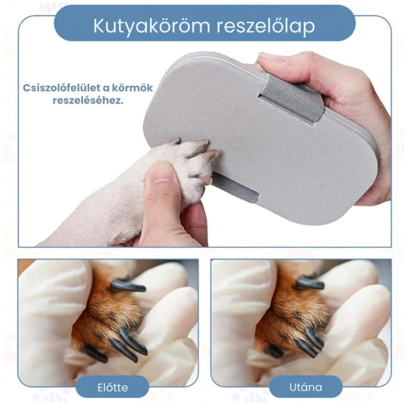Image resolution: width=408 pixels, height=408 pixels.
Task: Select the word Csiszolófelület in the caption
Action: (63, 88)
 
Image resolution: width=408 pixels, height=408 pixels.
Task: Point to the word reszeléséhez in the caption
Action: (88, 100)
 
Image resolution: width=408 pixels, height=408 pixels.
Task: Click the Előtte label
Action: (113, 388)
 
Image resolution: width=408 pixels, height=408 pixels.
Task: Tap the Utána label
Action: (305, 388)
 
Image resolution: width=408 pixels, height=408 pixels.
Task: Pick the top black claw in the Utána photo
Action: (310, 283)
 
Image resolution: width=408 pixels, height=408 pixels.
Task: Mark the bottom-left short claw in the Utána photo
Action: (274, 350)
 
